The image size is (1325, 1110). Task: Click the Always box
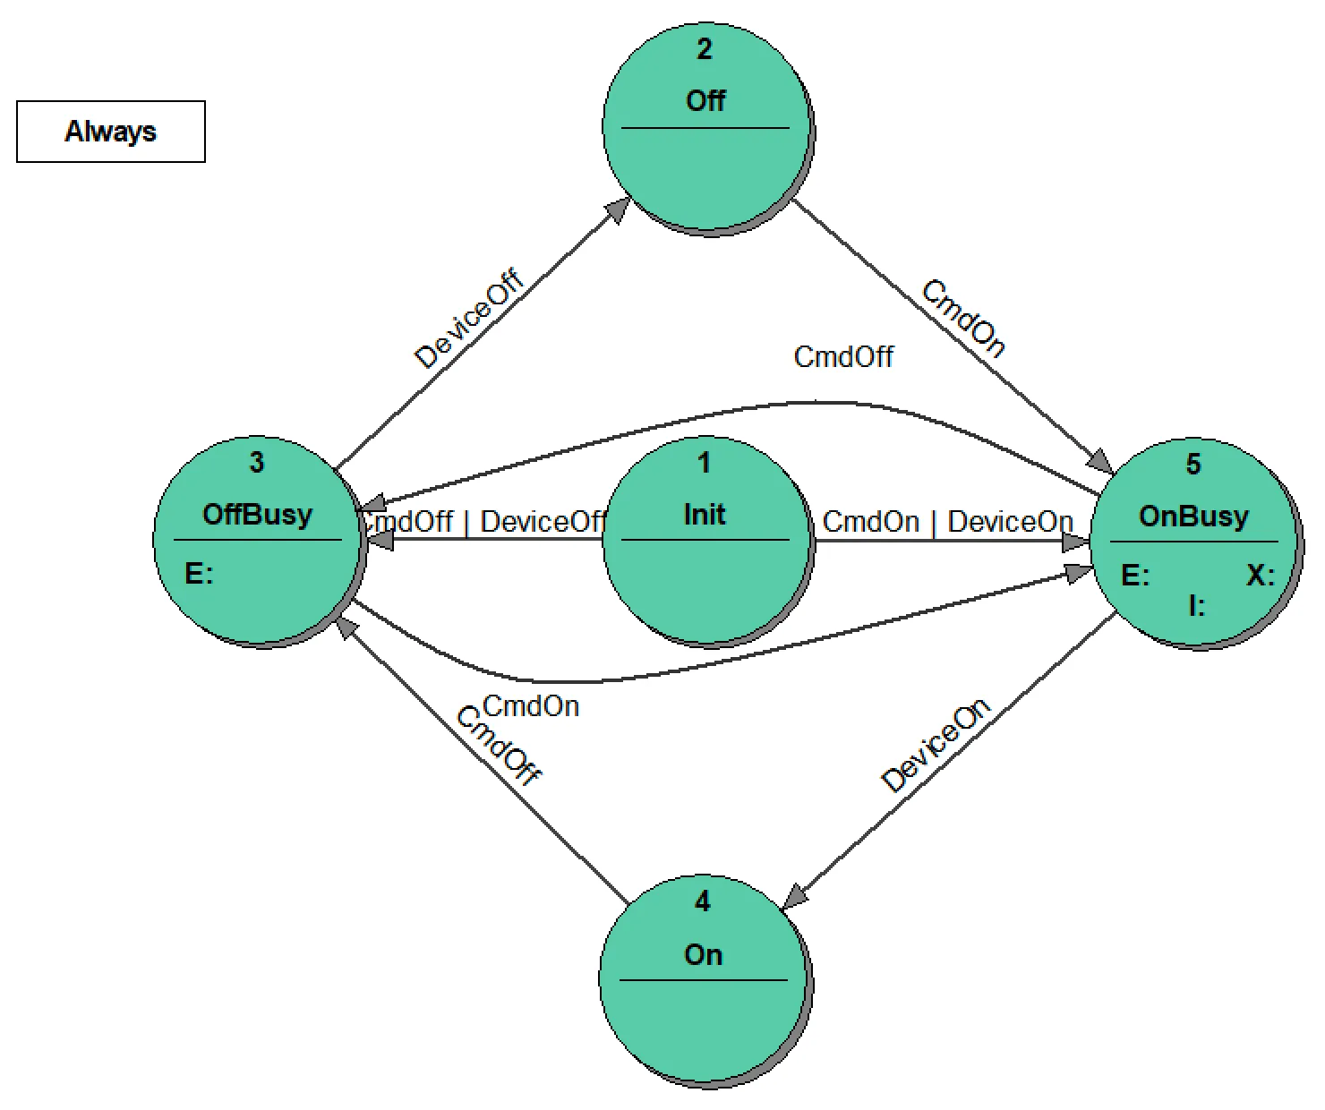click(x=111, y=132)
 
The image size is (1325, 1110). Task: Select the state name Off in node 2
click(x=705, y=101)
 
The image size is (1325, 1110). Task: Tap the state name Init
click(x=705, y=515)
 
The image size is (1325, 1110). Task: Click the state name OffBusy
click(x=258, y=515)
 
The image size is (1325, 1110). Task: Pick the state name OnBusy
click(x=1193, y=517)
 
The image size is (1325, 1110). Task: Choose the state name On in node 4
click(x=703, y=955)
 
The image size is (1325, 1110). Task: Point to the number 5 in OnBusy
click(x=1193, y=465)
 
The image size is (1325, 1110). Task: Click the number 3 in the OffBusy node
click(x=257, y=463)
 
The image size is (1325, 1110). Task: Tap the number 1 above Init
click(x=705, y=463)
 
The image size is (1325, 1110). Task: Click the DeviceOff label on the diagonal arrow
click(x=469, y=320)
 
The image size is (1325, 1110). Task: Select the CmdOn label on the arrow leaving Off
click(x=963, y=319)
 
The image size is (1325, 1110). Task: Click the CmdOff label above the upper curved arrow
click(x=843, y=357)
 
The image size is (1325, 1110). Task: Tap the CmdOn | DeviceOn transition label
click(x=947, y=522)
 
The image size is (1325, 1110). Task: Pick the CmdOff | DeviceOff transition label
click(x=483, y=522)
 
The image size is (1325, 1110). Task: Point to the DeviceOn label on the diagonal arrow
click(x=936, y=746)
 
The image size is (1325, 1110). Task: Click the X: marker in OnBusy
click(x=1261, y=576)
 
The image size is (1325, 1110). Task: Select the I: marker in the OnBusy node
click(x=1197, y=606)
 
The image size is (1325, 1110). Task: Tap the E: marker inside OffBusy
click(x=199, y=574)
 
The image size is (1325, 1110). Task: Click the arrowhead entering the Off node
click(x=618, y=209)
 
